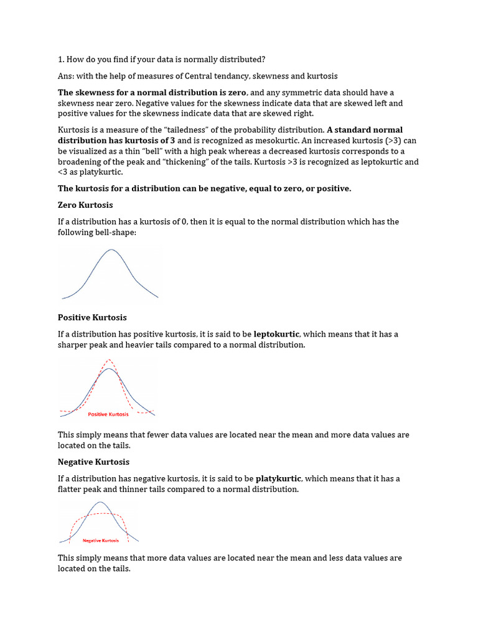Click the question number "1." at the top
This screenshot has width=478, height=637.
pyautogui.click(x=62, y=59)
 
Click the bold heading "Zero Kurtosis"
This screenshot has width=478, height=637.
pyautogui.click(x=85, y=205)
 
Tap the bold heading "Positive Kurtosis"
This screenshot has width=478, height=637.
pyautogui.click(x=92, y=317)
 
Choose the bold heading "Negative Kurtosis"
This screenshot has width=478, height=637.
pyautogui.click(x=93, y=462)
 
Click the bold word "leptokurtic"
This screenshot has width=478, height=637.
pyautogui.click(x=276, y=334)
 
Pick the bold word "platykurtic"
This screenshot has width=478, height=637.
pyautogui.click(x=277, y=479)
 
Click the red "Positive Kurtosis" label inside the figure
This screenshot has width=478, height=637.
pyautogui.click(x=108, y=414)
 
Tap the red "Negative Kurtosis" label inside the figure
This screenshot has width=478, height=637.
pyautogui.click(x=100, y=541)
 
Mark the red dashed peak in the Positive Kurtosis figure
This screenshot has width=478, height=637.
pyautogui.click(x=109, y=360)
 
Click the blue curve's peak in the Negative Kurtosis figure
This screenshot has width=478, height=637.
pyautogui.click(x=100, y=503)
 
